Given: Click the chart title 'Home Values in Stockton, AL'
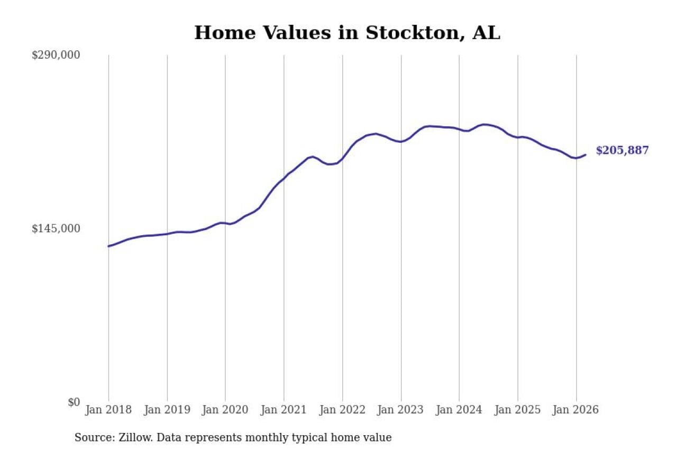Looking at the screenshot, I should (347, 33).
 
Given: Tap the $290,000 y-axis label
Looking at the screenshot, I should (56, 55).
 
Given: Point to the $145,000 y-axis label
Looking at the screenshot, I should (56, 228).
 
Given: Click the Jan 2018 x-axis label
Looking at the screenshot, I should (108, 410).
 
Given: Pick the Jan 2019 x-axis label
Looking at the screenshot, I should (167, 410).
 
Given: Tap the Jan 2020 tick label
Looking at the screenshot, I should (225, 410).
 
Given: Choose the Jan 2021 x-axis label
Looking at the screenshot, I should (284, 410).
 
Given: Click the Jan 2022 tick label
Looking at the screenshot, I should (342, 410).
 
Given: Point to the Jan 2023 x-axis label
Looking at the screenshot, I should (401, 410).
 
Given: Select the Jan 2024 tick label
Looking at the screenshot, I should (459, 410).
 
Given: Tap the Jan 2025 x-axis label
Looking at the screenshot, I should (518, 410).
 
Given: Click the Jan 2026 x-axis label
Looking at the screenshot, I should (576, 410).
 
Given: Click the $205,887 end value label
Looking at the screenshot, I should (622, 150).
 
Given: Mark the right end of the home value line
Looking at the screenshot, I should (585, 155).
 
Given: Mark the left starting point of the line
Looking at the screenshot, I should (108, 246).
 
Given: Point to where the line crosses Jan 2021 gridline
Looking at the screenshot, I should (284, 177).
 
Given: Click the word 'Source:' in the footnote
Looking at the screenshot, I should (92, 438).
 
